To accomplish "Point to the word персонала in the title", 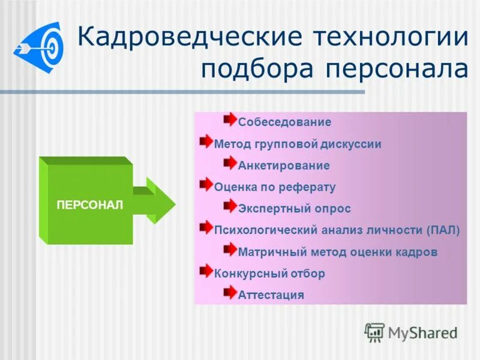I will click(x=397, y=70).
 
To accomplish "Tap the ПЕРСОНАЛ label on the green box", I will click(x=89, y=205).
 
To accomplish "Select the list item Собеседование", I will click(x=284, y=122).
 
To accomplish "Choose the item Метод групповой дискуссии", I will click(x=298, y=144).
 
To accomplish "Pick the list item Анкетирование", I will click(x=284, y=166).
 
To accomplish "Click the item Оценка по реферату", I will click(x=275, y=187).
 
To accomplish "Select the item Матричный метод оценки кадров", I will click(x=337, y=252).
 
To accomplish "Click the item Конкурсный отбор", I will click(x=269, y=274).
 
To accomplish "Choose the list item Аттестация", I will click(x=271, y=295).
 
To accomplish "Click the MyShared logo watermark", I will click(x=411, y=332).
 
